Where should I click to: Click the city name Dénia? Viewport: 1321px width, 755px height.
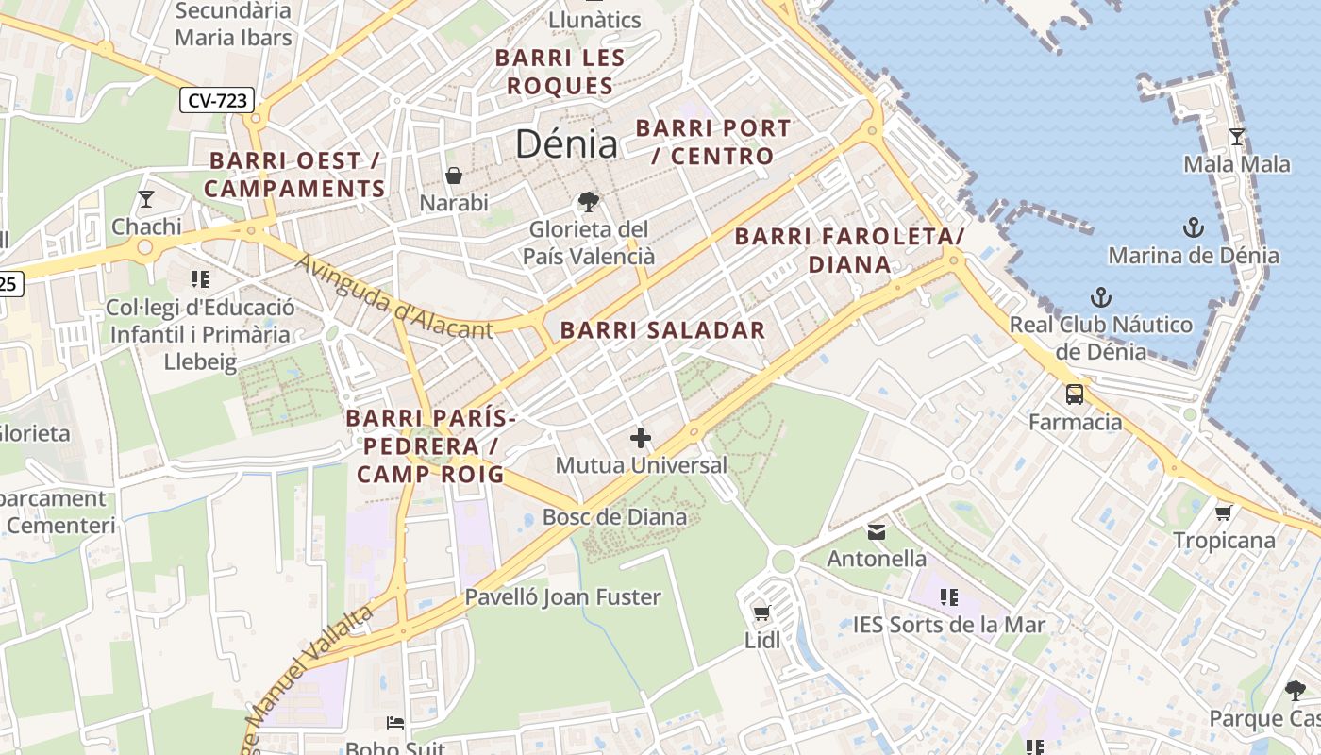tap(566, 144)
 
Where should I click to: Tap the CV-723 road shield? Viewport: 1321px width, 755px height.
tap(218, 99)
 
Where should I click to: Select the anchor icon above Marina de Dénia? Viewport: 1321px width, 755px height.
tap(1194, 227)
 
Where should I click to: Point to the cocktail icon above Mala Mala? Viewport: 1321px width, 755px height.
tap(1236, 137)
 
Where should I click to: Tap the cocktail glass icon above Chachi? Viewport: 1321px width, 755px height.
tap(145, 199)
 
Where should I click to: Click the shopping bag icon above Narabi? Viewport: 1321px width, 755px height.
tap(454, 176)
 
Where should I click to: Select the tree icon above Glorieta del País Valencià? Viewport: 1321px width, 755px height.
tap(588, 201)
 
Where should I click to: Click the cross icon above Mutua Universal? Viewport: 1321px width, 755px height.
tap(641, 438)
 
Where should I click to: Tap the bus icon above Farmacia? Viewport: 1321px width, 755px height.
tap(1075, 394)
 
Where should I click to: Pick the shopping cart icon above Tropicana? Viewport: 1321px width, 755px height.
tap(1224, 512)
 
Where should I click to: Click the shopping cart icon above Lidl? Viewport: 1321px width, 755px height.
tap(762, 612)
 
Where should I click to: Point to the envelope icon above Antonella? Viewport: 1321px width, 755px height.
tap(877, 532)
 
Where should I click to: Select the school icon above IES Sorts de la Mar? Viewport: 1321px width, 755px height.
tap(948, 597)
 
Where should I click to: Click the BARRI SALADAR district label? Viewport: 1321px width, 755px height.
tap(662, 330)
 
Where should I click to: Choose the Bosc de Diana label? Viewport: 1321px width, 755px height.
tap(614, 517)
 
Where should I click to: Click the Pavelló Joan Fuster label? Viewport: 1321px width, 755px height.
tap(562, 597)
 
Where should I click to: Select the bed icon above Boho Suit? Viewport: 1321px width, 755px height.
tap(395, 723)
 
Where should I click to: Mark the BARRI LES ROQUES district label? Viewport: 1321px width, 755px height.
tap(560, 72)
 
